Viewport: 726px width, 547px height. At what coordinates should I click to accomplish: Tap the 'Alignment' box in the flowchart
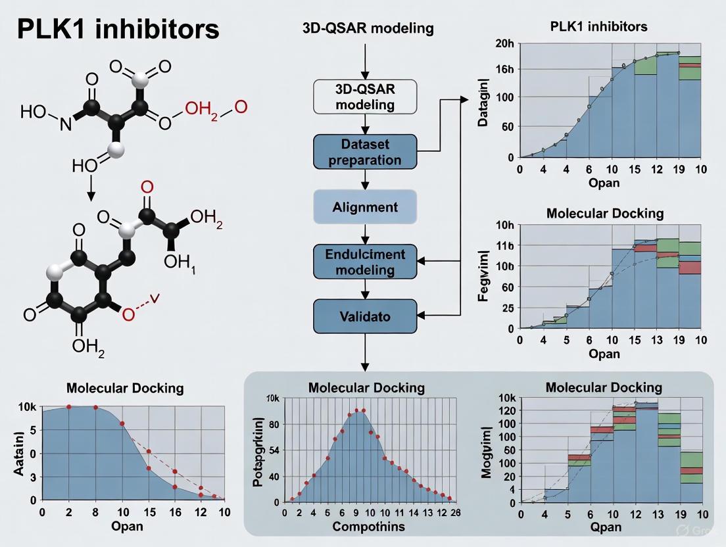pyautogui.click(x=366, y=206)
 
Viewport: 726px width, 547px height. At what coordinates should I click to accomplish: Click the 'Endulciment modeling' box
pyautogui.click(x=366, y=261)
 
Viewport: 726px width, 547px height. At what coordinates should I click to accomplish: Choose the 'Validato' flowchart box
pyautogui.click(x=366, y=316)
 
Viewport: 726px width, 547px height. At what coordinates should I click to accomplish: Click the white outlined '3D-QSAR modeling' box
pyautogui.click(x=366, y=97)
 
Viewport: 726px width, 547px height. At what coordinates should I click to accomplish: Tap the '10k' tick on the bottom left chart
pyautogui.click(x=27, y=407)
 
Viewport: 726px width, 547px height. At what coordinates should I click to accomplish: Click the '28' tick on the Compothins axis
pyautogui.click(x=453, y=513)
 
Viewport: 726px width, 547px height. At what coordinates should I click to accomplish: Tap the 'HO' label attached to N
pyautogui.click(x=34, y=112)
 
